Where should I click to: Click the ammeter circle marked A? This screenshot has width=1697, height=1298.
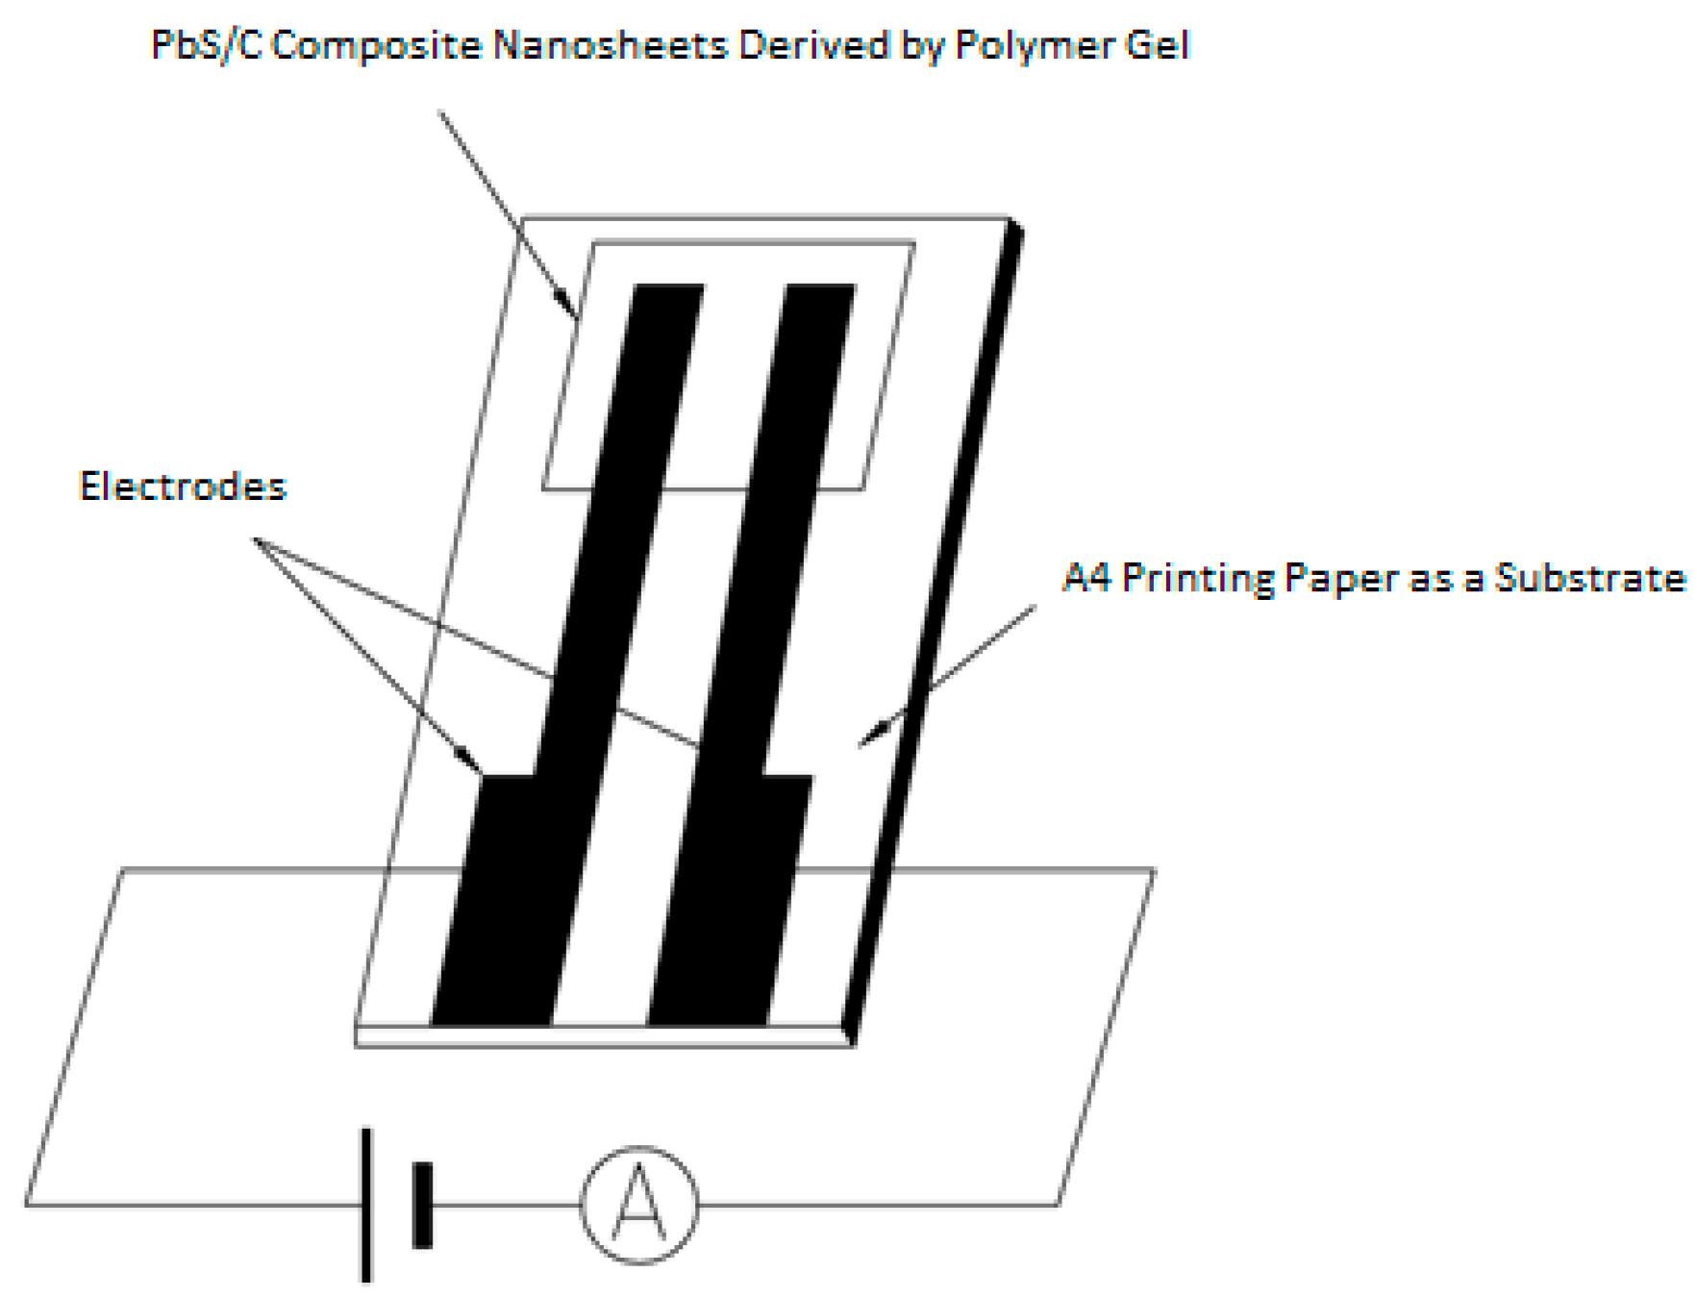638,1204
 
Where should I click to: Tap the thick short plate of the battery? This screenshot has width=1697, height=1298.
422,1205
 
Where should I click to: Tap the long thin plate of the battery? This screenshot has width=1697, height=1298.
366,1205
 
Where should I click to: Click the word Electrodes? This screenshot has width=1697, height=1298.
183,487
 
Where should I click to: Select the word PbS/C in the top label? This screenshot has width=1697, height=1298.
207,45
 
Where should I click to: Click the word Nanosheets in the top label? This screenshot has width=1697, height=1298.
610,45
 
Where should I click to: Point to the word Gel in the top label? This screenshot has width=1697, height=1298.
1158,45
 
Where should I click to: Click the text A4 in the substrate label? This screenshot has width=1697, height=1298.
1086,578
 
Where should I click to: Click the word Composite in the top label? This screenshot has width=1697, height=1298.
376,46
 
